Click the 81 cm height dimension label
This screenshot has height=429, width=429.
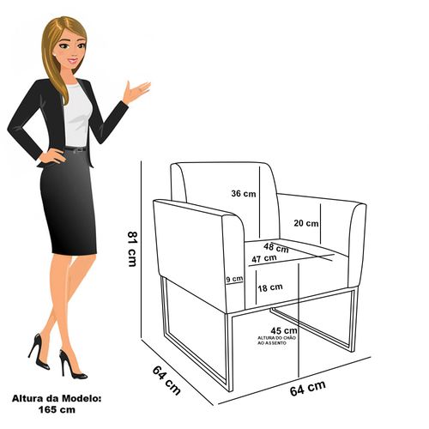coord(132,249)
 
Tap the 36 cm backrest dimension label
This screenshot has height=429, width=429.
coord(244,194)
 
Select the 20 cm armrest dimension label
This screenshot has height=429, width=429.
coord(306,223)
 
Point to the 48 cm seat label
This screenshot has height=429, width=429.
coord(276,248)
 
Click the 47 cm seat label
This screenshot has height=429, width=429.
coord(264,258)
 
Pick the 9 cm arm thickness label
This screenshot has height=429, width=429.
coord(234,279)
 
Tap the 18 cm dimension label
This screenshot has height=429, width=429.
coord(270,287)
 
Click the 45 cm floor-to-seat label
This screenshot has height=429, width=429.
coord(284,331)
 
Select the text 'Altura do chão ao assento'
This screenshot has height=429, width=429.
coord(276,341)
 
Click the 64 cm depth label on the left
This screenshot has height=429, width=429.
coord(166,380)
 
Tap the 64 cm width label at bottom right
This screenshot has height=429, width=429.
coord(308,388)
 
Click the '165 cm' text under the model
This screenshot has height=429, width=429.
coord(57,410)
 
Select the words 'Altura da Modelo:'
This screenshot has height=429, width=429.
coord(57,399)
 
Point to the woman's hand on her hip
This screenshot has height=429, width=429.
coord(52,156)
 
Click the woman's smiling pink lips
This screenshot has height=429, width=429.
coord(73,61)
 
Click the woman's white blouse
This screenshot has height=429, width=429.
coord(76,114)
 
